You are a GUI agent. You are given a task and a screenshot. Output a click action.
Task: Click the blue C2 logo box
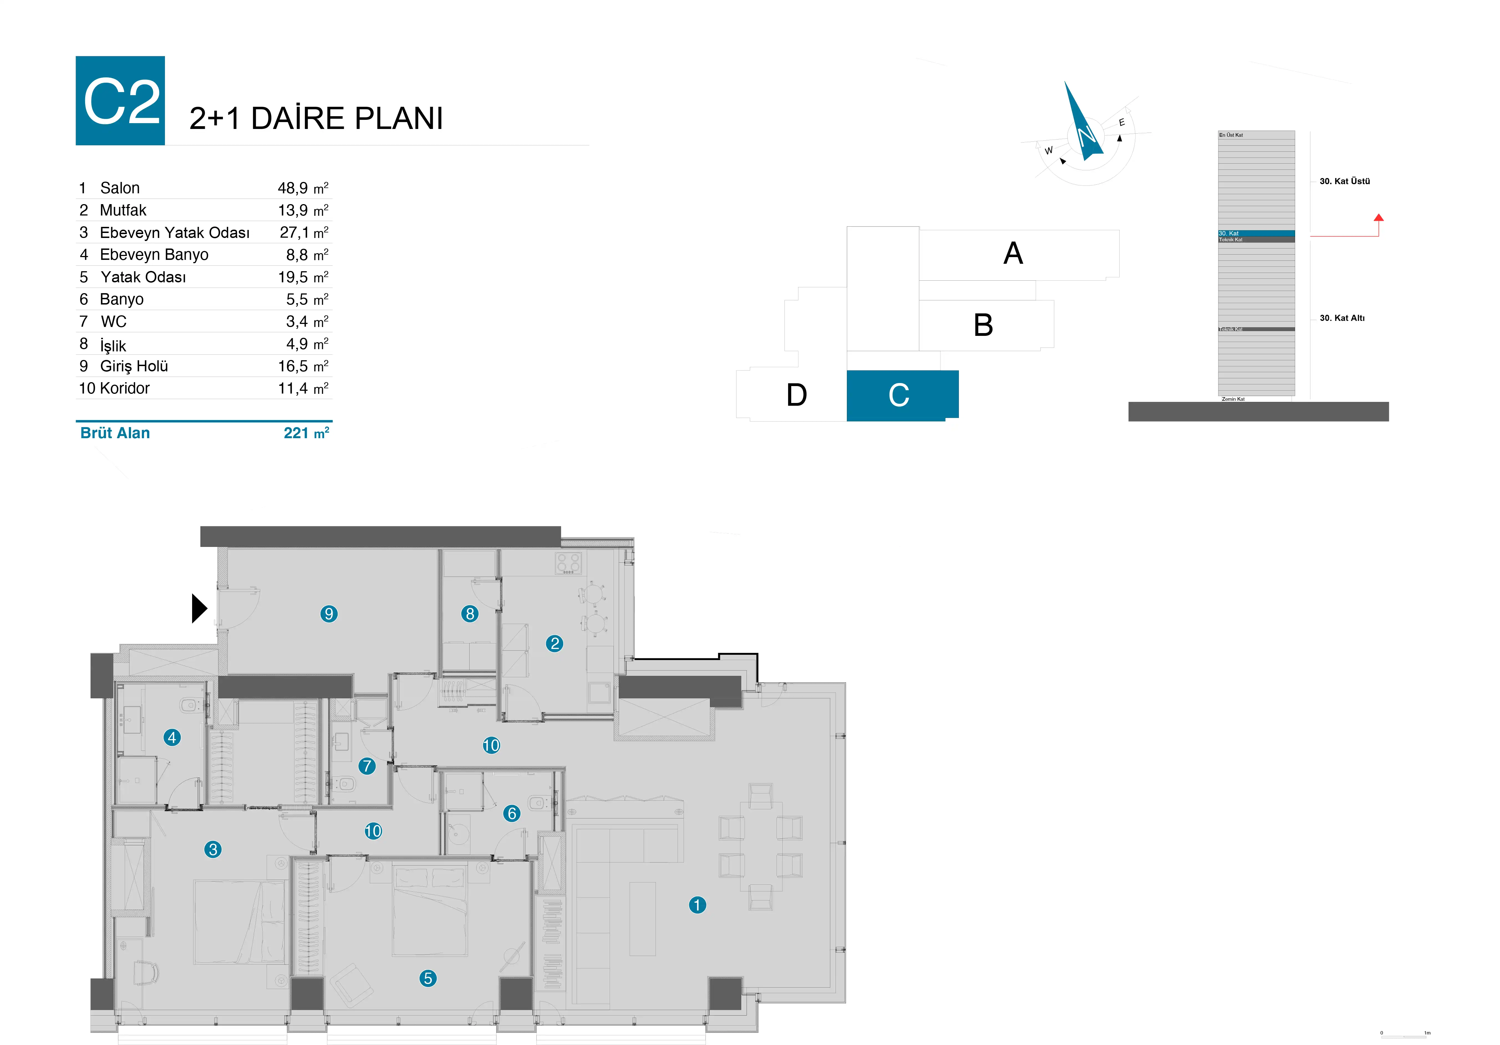[120, 101]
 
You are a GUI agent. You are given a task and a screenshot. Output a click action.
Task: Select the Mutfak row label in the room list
[123, 210]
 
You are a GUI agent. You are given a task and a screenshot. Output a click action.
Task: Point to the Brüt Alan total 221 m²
[306, 433]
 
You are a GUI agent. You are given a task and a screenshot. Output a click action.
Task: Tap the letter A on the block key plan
[1013, 253]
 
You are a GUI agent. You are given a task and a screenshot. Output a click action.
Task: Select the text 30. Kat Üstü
[1344, 181]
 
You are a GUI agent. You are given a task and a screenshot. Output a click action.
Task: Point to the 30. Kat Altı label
[1342, 318]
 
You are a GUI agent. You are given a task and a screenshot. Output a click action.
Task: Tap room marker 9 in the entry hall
[328, 614]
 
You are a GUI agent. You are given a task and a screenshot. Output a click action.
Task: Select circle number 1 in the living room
[697, 905]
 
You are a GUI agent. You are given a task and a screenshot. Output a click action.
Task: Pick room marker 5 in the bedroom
[428, 978]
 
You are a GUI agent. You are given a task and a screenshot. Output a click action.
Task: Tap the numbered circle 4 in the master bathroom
[172, 738]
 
